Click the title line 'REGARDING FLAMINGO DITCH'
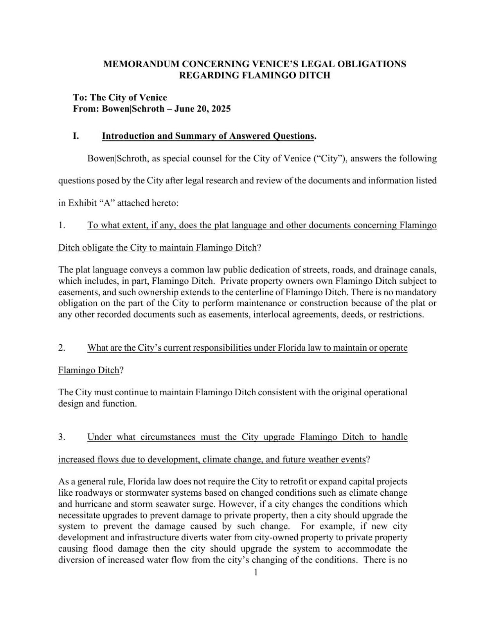point(254,75)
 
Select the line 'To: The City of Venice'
point(120,97)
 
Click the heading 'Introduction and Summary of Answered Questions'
point(208,136)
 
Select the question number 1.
point(61,225)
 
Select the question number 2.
point(61,348)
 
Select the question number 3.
point(61,437)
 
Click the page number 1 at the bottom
point(256,573)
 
